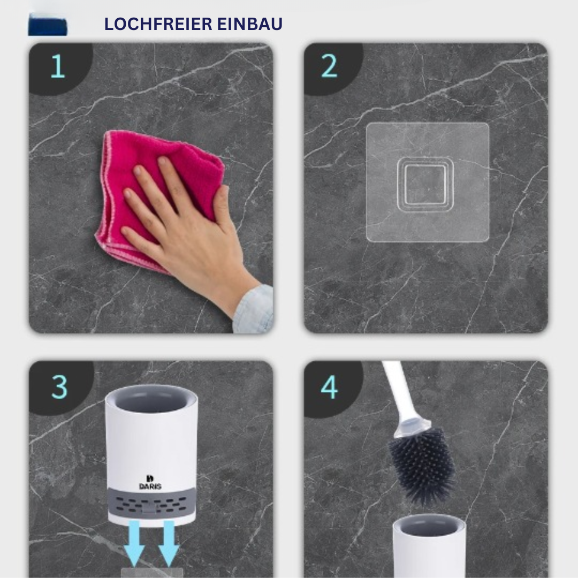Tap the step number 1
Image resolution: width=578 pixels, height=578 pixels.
tap(57, 67)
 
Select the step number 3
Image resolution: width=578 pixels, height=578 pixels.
tap(59, 386)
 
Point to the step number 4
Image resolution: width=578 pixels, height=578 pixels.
tap(329, 386)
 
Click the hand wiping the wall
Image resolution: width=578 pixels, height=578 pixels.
tap(177, 225)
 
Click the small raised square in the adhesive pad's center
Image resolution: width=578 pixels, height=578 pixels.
tap(425, 185)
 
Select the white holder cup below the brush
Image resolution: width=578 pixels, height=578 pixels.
tap(429, 551)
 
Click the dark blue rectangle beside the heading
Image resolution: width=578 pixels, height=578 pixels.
tap(48, 25)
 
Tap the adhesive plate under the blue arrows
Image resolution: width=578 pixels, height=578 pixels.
tap(151, 573)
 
